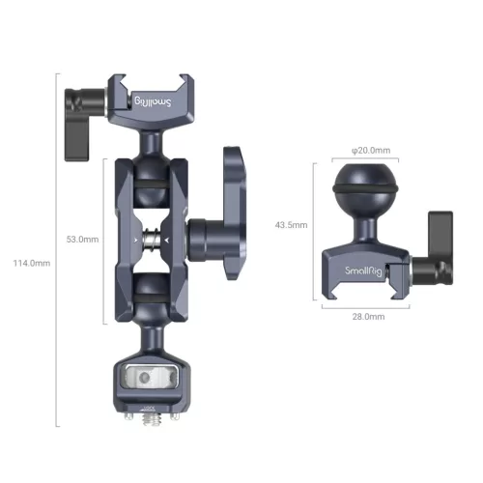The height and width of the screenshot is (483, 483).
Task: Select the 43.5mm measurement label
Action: [290, 224]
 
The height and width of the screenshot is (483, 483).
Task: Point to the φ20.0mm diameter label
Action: [371, 150]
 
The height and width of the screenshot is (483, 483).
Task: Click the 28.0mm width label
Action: [371, 317]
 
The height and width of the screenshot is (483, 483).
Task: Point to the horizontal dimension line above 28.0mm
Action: [370, 308]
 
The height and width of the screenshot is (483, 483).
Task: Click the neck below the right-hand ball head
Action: [370, 227]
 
